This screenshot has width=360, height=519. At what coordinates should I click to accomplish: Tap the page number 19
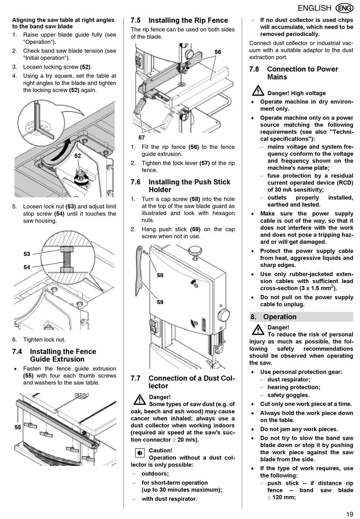point(349,514)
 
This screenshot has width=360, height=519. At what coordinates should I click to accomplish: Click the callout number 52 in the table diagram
point(78,156)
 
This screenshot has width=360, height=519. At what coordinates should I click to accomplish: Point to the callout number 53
point(27,254)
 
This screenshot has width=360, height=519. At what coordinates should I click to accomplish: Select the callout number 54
point(27,267)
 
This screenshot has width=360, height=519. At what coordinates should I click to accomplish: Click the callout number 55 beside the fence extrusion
point(18,427)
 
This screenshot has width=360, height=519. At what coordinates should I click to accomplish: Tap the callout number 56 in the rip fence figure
point(218,52)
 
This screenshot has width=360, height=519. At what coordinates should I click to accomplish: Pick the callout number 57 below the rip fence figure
point(142,138)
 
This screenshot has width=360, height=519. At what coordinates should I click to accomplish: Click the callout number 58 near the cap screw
point(160,275)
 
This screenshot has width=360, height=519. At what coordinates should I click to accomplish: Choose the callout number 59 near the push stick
point(160,302)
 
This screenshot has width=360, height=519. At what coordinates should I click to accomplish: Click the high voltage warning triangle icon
point(258,91)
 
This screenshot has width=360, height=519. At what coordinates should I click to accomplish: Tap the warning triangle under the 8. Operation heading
point(258,329)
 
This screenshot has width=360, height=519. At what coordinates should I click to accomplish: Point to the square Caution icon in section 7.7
point(140,453)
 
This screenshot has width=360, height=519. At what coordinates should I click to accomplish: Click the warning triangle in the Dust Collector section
point(139,399)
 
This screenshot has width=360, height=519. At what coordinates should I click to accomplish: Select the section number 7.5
point(136,20)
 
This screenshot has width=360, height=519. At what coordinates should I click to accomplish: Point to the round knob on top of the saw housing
point(195,250)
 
